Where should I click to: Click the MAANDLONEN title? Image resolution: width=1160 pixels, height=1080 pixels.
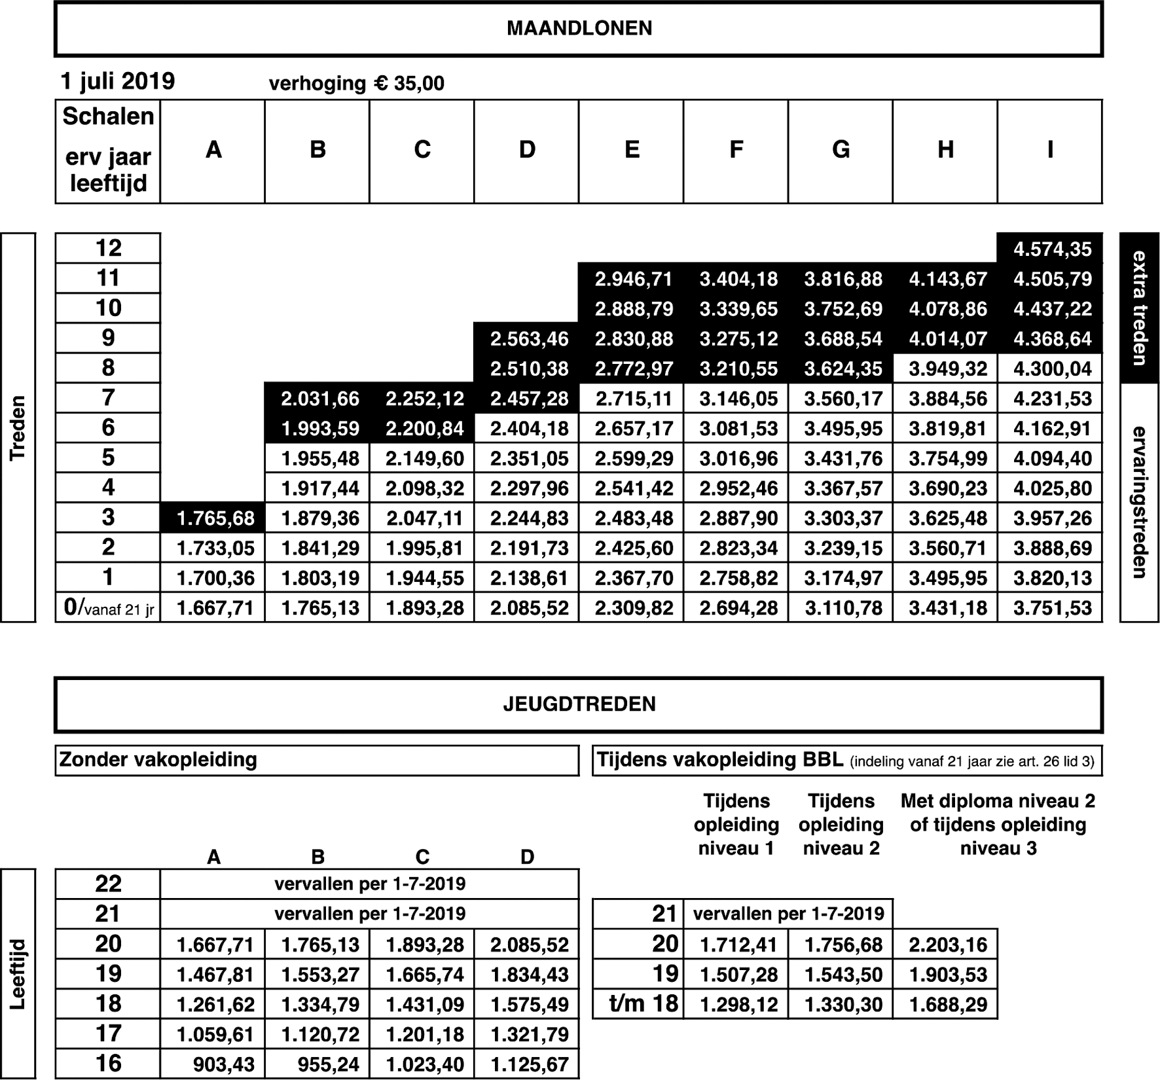tap(579, 29)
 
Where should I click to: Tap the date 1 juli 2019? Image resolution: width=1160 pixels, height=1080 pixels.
tap(118, 81)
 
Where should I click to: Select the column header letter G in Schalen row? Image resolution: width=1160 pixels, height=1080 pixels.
tap(841, 151)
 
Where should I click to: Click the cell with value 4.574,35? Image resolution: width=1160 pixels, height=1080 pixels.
tap(1052, 249)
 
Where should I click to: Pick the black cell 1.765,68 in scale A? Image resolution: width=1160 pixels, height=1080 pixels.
tap(215, 518)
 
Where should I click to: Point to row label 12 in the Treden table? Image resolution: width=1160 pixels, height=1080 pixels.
tap(108, 248)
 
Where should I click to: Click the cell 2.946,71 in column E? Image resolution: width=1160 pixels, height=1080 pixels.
tap(633, 279)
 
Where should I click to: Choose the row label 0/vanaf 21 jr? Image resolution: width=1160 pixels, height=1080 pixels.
tap(109, 608)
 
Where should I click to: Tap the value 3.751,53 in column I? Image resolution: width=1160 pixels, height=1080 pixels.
tap(1052, 608)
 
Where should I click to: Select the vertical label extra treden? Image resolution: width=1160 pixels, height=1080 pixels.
tap(1139, 308)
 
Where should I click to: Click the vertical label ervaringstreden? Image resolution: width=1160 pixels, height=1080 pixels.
tap(1139, 502)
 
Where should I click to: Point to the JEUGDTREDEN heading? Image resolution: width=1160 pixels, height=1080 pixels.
tap(579, 704)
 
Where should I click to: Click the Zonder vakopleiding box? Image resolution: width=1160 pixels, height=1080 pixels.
tap(317, 761)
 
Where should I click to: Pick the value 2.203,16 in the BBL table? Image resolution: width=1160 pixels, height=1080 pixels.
tap(947, 945)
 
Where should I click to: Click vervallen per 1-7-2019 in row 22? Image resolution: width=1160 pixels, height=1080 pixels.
tap(370, 884)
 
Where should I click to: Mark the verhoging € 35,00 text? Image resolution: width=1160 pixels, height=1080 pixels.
tap(356, 84)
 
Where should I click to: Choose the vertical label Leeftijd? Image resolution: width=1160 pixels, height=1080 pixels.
tap(18, 974)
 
